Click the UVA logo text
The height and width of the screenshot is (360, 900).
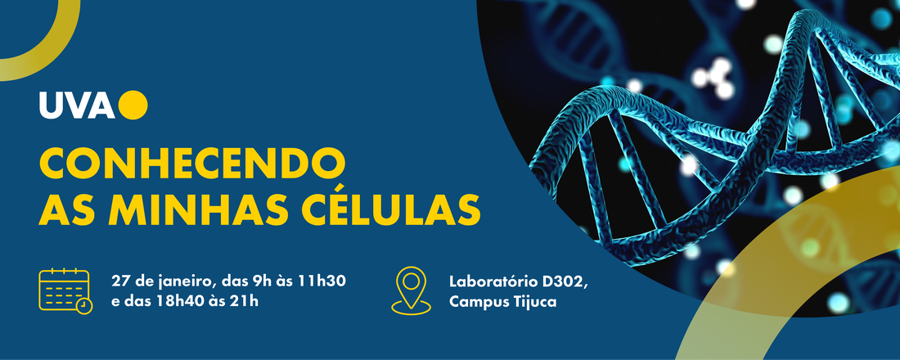[x=77, y=105]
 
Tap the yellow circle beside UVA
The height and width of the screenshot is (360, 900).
[x=133, y=105]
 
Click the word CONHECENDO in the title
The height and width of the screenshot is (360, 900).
[x=192, y=163]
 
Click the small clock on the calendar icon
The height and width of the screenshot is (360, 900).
[x=83, y=305]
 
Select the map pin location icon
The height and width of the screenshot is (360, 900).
[x=411, y=290]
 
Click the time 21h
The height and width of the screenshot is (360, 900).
[x=246, y=301]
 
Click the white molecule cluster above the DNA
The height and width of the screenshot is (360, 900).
[x=713, y=77]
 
